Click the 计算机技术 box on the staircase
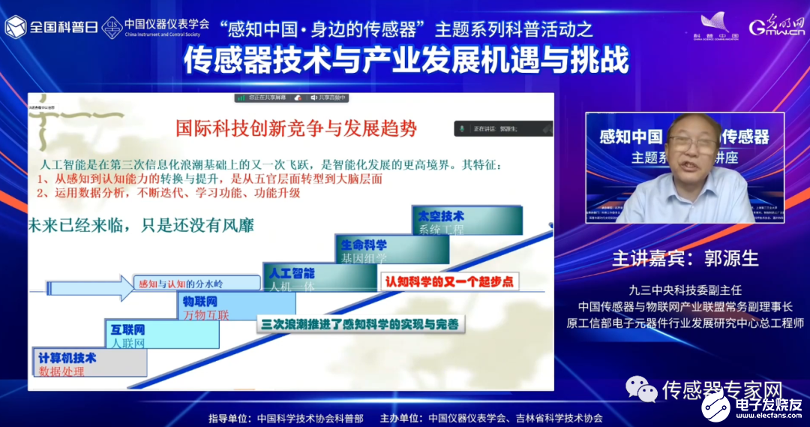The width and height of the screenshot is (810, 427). pyautogui.click(x=89, y=362)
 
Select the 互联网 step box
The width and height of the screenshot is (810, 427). pyautogui.click(x=162, y=335)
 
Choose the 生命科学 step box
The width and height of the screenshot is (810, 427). pyautogui.click(x=392, y=249)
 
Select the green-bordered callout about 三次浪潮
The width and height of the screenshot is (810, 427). pyautogui.click(x=360, y=324)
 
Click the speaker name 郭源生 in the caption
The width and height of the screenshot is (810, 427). pyautogui.click(x=731, y=258)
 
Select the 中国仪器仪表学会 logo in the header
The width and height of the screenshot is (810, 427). pyautogui.click(x=154, y=28)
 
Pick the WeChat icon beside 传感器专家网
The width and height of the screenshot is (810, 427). pyautogui.click(x=641, y=389)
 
